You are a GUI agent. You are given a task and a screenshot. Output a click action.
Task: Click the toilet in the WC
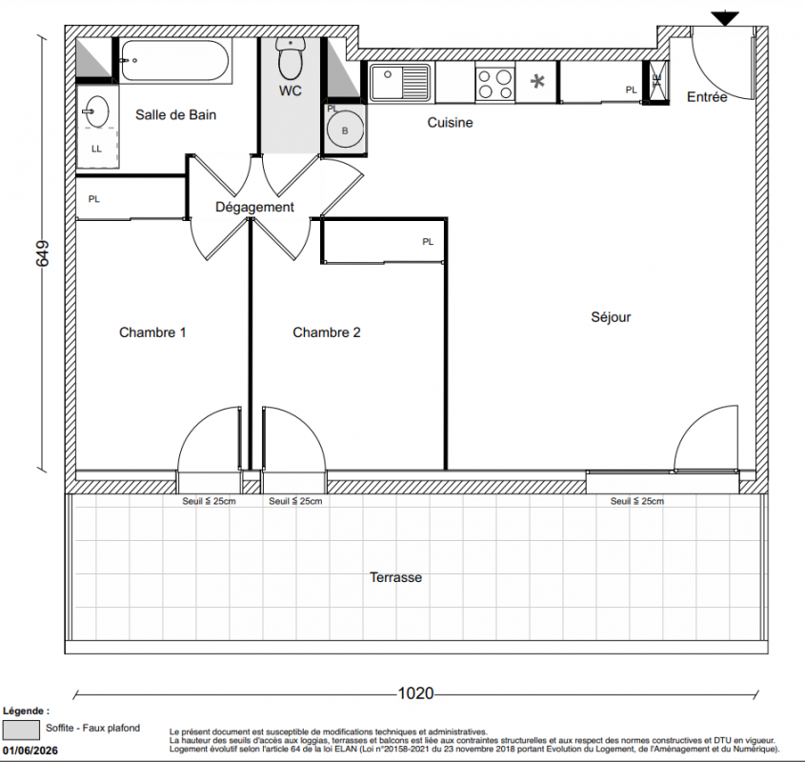[291, 58]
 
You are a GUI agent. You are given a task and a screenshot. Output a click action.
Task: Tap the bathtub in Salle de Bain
[175, 61]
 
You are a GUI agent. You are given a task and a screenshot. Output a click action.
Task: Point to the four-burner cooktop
[495, 84]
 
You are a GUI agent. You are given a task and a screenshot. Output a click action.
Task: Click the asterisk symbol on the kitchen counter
[537, 82]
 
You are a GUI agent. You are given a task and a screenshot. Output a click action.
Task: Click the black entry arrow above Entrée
[725, 18]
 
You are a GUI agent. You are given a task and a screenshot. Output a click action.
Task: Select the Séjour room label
[611, 317]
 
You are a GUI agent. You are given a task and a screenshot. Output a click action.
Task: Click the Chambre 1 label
[152, 332]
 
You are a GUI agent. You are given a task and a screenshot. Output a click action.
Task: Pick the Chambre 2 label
[327, 332]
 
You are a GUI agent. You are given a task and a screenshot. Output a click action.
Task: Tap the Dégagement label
[254, 207]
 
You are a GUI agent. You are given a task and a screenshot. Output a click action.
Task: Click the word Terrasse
[395, 577]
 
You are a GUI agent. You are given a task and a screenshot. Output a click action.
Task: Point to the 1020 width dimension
[416, 693]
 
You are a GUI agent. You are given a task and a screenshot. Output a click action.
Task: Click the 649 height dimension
[42, 253]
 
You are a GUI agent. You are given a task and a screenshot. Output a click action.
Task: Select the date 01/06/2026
[30, 751]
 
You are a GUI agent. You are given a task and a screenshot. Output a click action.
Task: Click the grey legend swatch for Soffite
[21, 729]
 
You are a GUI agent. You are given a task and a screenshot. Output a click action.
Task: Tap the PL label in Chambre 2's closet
[428, 241]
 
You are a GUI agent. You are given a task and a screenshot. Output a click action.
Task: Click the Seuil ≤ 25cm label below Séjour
[636, 501]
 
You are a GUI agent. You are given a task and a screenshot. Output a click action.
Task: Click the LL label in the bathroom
[96, 149]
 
